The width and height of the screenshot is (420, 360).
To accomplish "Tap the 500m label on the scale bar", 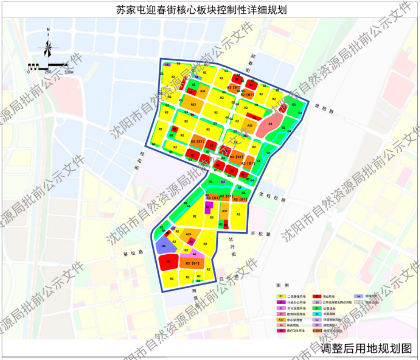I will pos(69,72).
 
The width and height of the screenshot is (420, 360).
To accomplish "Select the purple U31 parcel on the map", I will pos(167,65).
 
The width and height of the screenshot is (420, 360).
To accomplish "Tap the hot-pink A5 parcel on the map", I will pos(191,241).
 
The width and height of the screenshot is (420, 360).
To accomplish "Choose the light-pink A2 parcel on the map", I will pos(195,254).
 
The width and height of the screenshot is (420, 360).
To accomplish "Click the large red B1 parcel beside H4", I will pos(169,262).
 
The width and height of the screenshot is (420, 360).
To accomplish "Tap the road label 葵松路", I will pos(133,253).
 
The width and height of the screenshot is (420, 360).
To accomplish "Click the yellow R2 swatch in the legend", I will pos(281,296).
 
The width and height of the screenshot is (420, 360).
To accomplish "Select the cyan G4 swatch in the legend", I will pos(317,313).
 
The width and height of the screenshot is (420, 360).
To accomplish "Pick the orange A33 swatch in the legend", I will pos(281,319).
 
